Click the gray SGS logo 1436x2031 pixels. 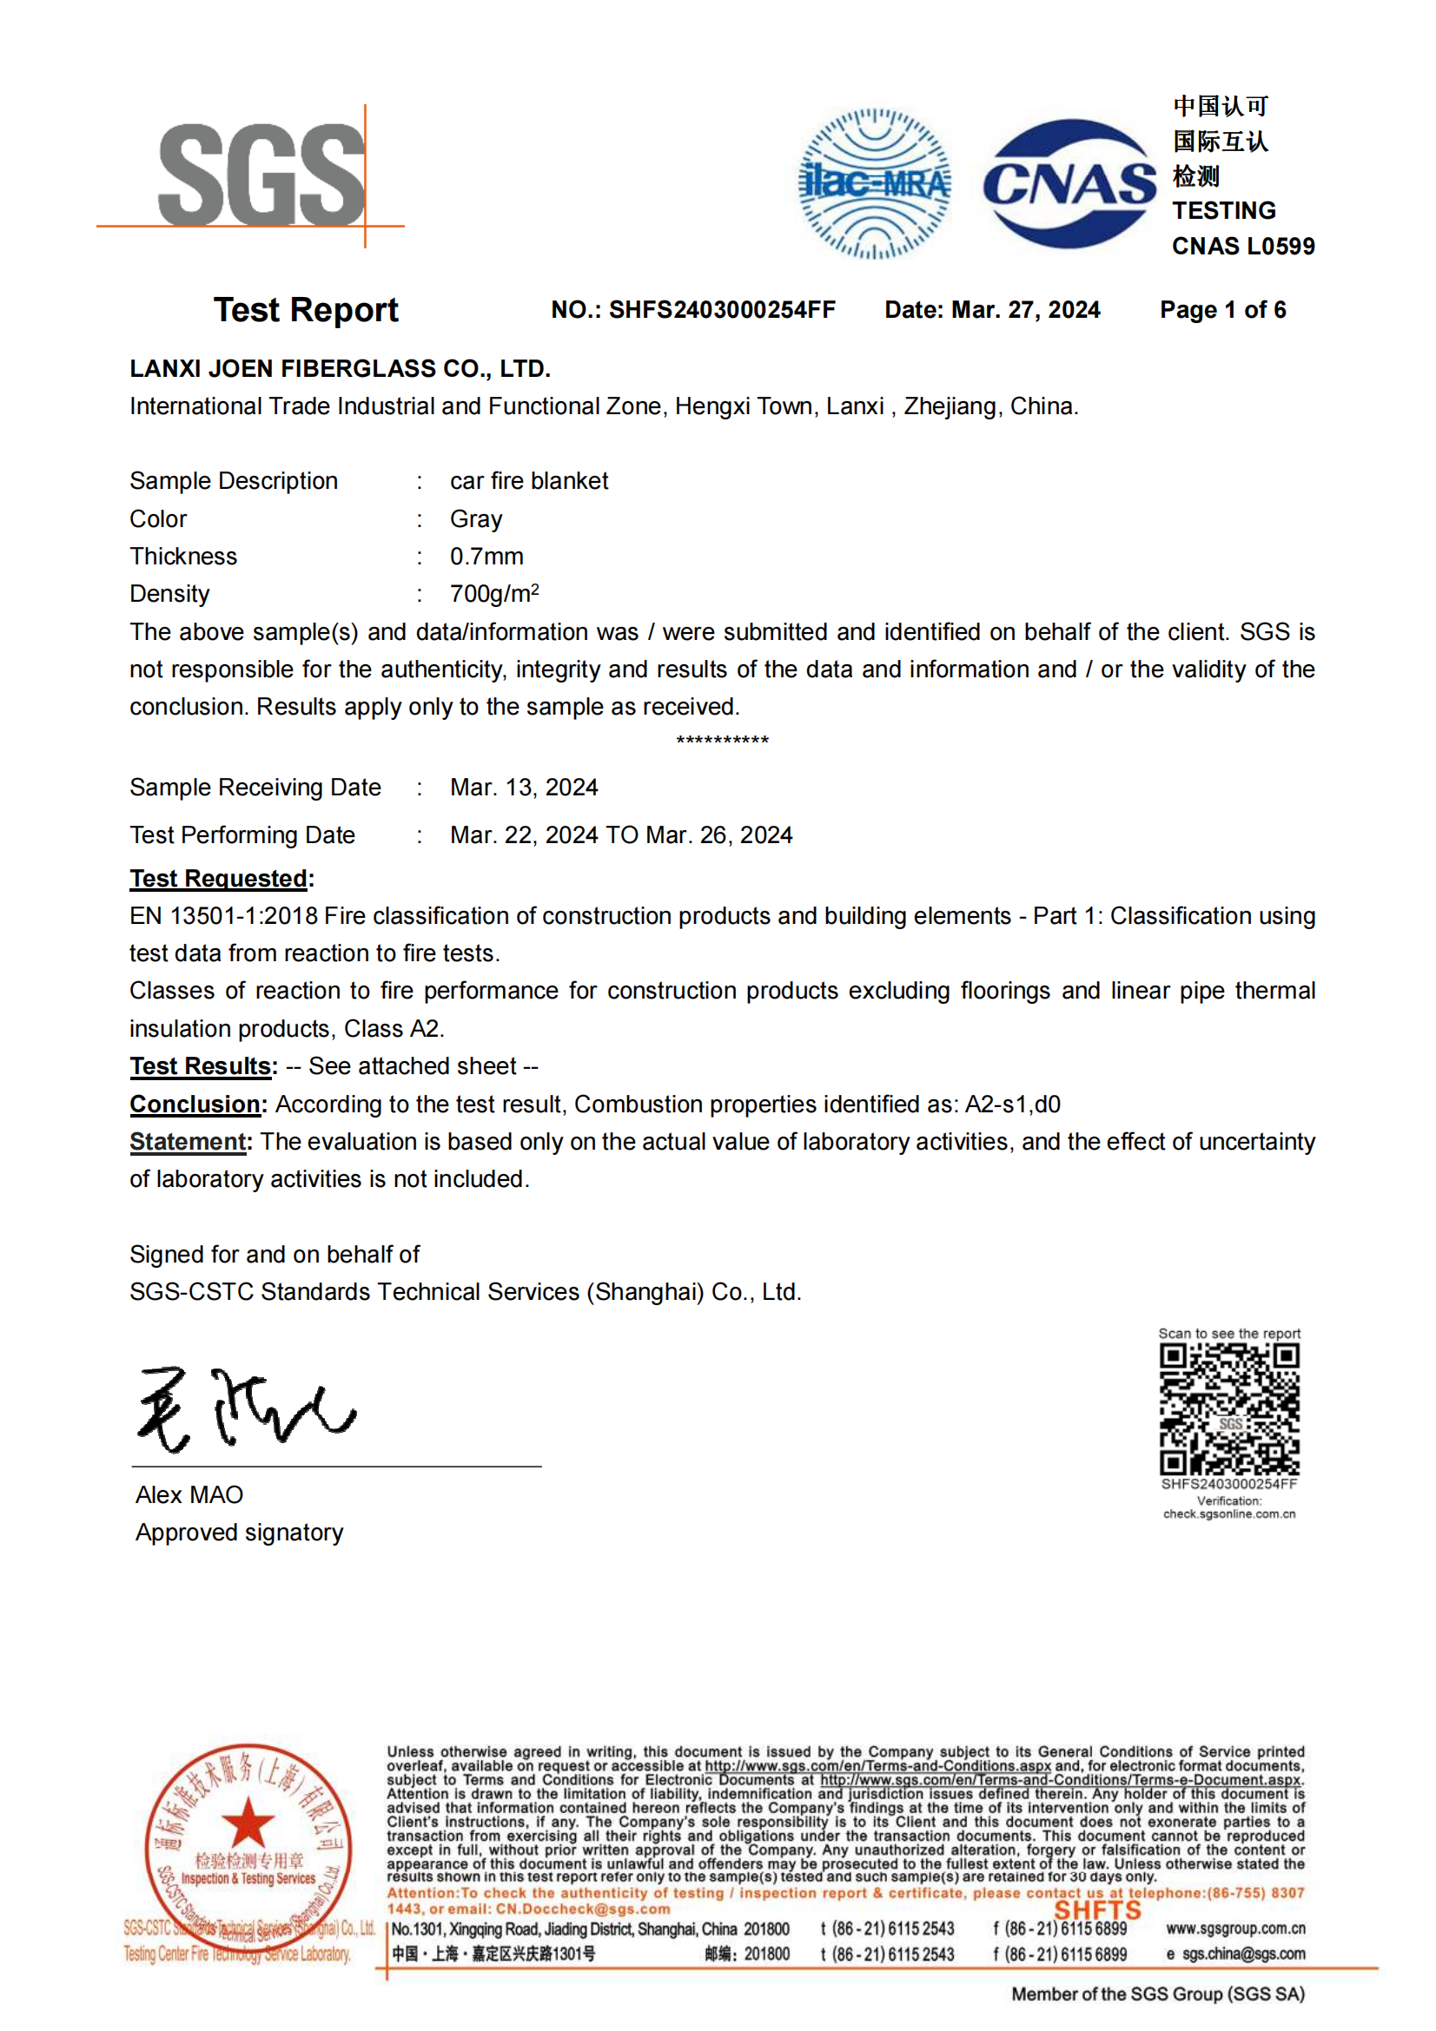click(x=261, y=175)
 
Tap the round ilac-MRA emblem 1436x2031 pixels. click(x=874, y=184)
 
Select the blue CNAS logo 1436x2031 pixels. click(x=1069, y=184)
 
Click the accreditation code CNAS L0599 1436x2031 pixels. click(x=1242, y=246)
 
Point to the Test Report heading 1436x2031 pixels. click(x=305, y=310)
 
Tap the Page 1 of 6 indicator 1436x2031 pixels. click(x=1223, y=310)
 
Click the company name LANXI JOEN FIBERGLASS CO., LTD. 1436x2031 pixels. click(x=340, y=368)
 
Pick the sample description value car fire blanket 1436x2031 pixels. click(x=528, y=480)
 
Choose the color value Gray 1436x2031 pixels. click(x=476, y=518)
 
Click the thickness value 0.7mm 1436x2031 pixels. click(x=486, y=556)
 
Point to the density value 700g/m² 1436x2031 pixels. click(x=493, y=593)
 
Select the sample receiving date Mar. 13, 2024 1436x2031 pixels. click(x=524, y=787)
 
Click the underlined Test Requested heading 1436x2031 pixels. click(x=219, y=878)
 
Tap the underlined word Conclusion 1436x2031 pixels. click(x=195, y=1104)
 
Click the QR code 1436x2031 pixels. click(x=1229, y=1408)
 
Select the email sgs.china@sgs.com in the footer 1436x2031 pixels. click(x=1243, y=1953)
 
